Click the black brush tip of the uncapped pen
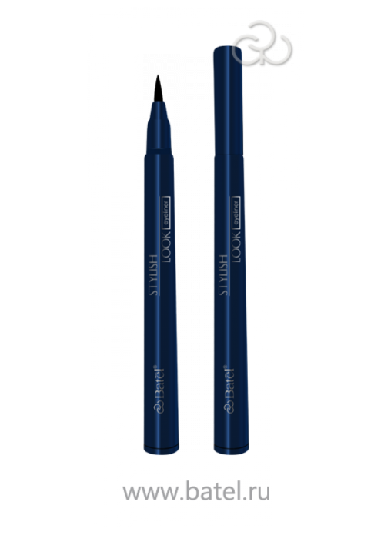[x=159, y=89]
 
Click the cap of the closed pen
[x=229, y=101]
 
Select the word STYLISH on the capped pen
[x=224, y=274]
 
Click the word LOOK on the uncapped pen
[x=166, y=247]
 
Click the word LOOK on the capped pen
[x=236, y=247]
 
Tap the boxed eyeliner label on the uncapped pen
[x=165, y=212]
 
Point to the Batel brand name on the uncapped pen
[x=159, y=384]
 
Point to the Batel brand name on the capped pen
[x=229, y=384]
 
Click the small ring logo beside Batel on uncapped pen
[x=160, y=407]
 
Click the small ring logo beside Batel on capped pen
[x=230, y=407]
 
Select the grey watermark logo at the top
[x=262, y=43]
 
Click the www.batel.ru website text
[x=196, y=492]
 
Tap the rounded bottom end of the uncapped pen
[x=161, y=450]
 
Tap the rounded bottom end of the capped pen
[x=232, y=450]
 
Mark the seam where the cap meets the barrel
[x=229, y=155]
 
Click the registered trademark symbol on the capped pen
[x=226, y=367]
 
